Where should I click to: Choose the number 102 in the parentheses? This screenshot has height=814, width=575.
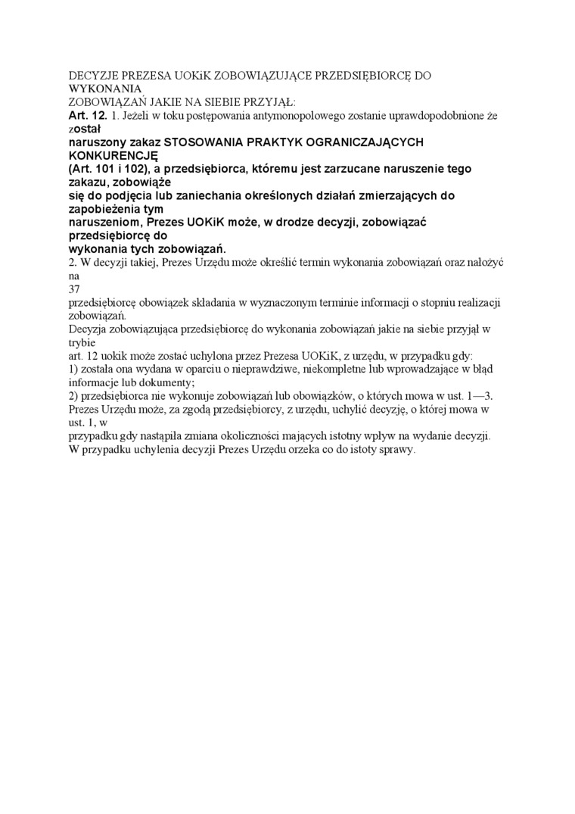click(x=137, y=169)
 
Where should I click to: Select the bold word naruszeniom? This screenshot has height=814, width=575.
click(x=104, y=223)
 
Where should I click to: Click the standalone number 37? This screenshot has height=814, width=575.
click(x=74, y=289)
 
